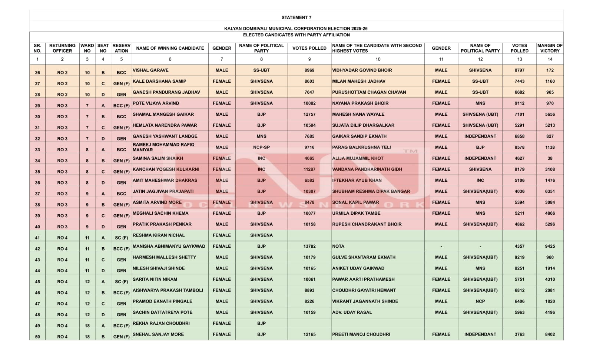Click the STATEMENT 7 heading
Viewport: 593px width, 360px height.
coord(296,17)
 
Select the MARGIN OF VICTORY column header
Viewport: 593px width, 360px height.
coord(550,48)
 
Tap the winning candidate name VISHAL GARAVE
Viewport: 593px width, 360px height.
coord(150,70)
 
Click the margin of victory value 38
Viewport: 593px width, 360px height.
coord(550,158)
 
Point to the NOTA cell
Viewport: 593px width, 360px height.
coord(338,246)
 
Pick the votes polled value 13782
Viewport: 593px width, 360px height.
coord(309,246)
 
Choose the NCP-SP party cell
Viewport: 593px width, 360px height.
coord(261,147)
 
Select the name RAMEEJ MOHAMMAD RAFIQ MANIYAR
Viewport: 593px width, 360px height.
coord(163,147)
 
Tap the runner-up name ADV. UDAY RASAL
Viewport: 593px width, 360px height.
coord(352,312)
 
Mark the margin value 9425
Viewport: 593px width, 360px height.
coord(550,246)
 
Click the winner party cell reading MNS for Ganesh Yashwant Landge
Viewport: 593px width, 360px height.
coord(261,136)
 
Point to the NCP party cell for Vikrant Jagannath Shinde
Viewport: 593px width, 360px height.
coord(480,301)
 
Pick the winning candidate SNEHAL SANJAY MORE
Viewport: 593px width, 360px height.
coord(158,334)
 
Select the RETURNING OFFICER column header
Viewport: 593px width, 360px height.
coord(62,48)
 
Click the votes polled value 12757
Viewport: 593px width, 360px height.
coord(309,114)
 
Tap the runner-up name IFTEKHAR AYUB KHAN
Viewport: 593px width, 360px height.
coord(357,180)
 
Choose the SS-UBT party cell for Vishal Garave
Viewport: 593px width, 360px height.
coord(261,70)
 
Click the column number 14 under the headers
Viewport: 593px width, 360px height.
coord(550,59)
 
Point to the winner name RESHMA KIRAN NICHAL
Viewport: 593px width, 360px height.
coord(159,235)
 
